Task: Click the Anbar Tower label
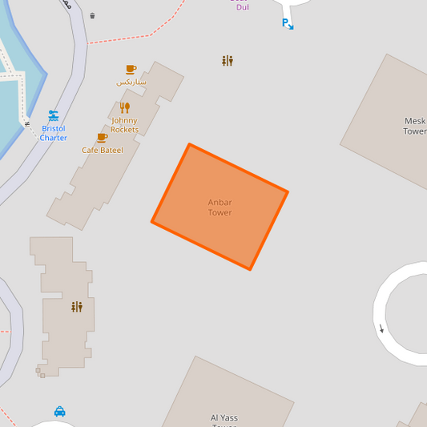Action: [220, 207]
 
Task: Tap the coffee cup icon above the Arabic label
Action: [131, 70]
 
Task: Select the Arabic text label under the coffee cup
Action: [131, 82]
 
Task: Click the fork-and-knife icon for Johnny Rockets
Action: [124, 107]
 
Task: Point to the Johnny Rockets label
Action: [124, 125]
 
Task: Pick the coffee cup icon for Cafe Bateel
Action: [102, 138]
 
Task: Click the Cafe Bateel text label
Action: [103, 150]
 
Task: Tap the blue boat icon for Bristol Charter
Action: [54, 115]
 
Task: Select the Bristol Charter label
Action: [54, 133]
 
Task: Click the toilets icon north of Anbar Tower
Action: [228, 61]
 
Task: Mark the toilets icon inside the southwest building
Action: [77, 307]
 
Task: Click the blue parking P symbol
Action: [285, 23]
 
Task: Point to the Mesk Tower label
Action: [415, 127]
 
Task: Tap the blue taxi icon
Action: [60, 412]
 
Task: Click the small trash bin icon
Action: [92, 15]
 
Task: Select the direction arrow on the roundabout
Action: [381, 328]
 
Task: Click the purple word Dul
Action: [242, 6]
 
